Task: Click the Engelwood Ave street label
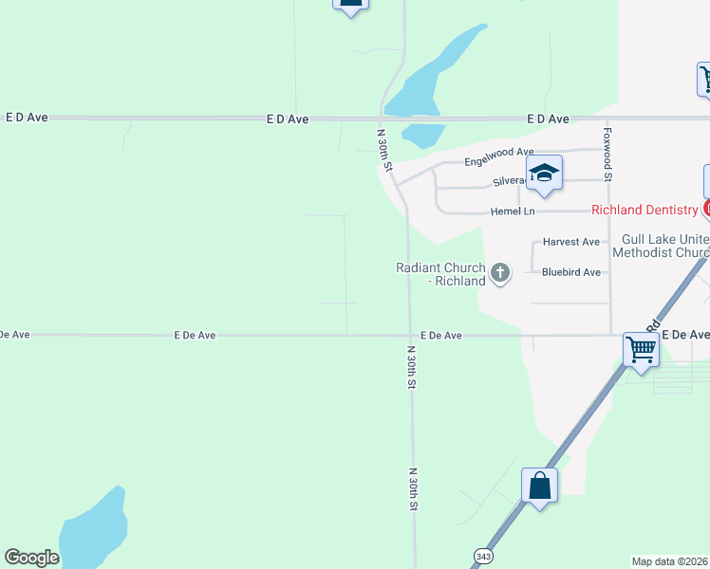(x=498, y=153)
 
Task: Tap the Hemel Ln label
(x=513, y=211)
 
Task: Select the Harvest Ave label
(x=570, y=242)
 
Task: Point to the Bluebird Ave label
(x=571, y=272)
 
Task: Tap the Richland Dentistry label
(x=645, y=210)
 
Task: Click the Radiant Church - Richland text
(x=440, y=274)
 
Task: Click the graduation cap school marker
(x=544, y=174)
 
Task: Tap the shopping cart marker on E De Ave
(x=642, y=349)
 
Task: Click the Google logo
(x=31, y=558)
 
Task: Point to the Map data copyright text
(x=670, y=561)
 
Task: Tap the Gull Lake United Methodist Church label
(x=661, y=247)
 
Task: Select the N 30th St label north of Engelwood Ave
(x=384, y=150)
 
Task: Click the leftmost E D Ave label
(x=27, y=118)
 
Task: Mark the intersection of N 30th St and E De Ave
(x=410, y=335)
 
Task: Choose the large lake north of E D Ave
(x=427, y=76)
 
